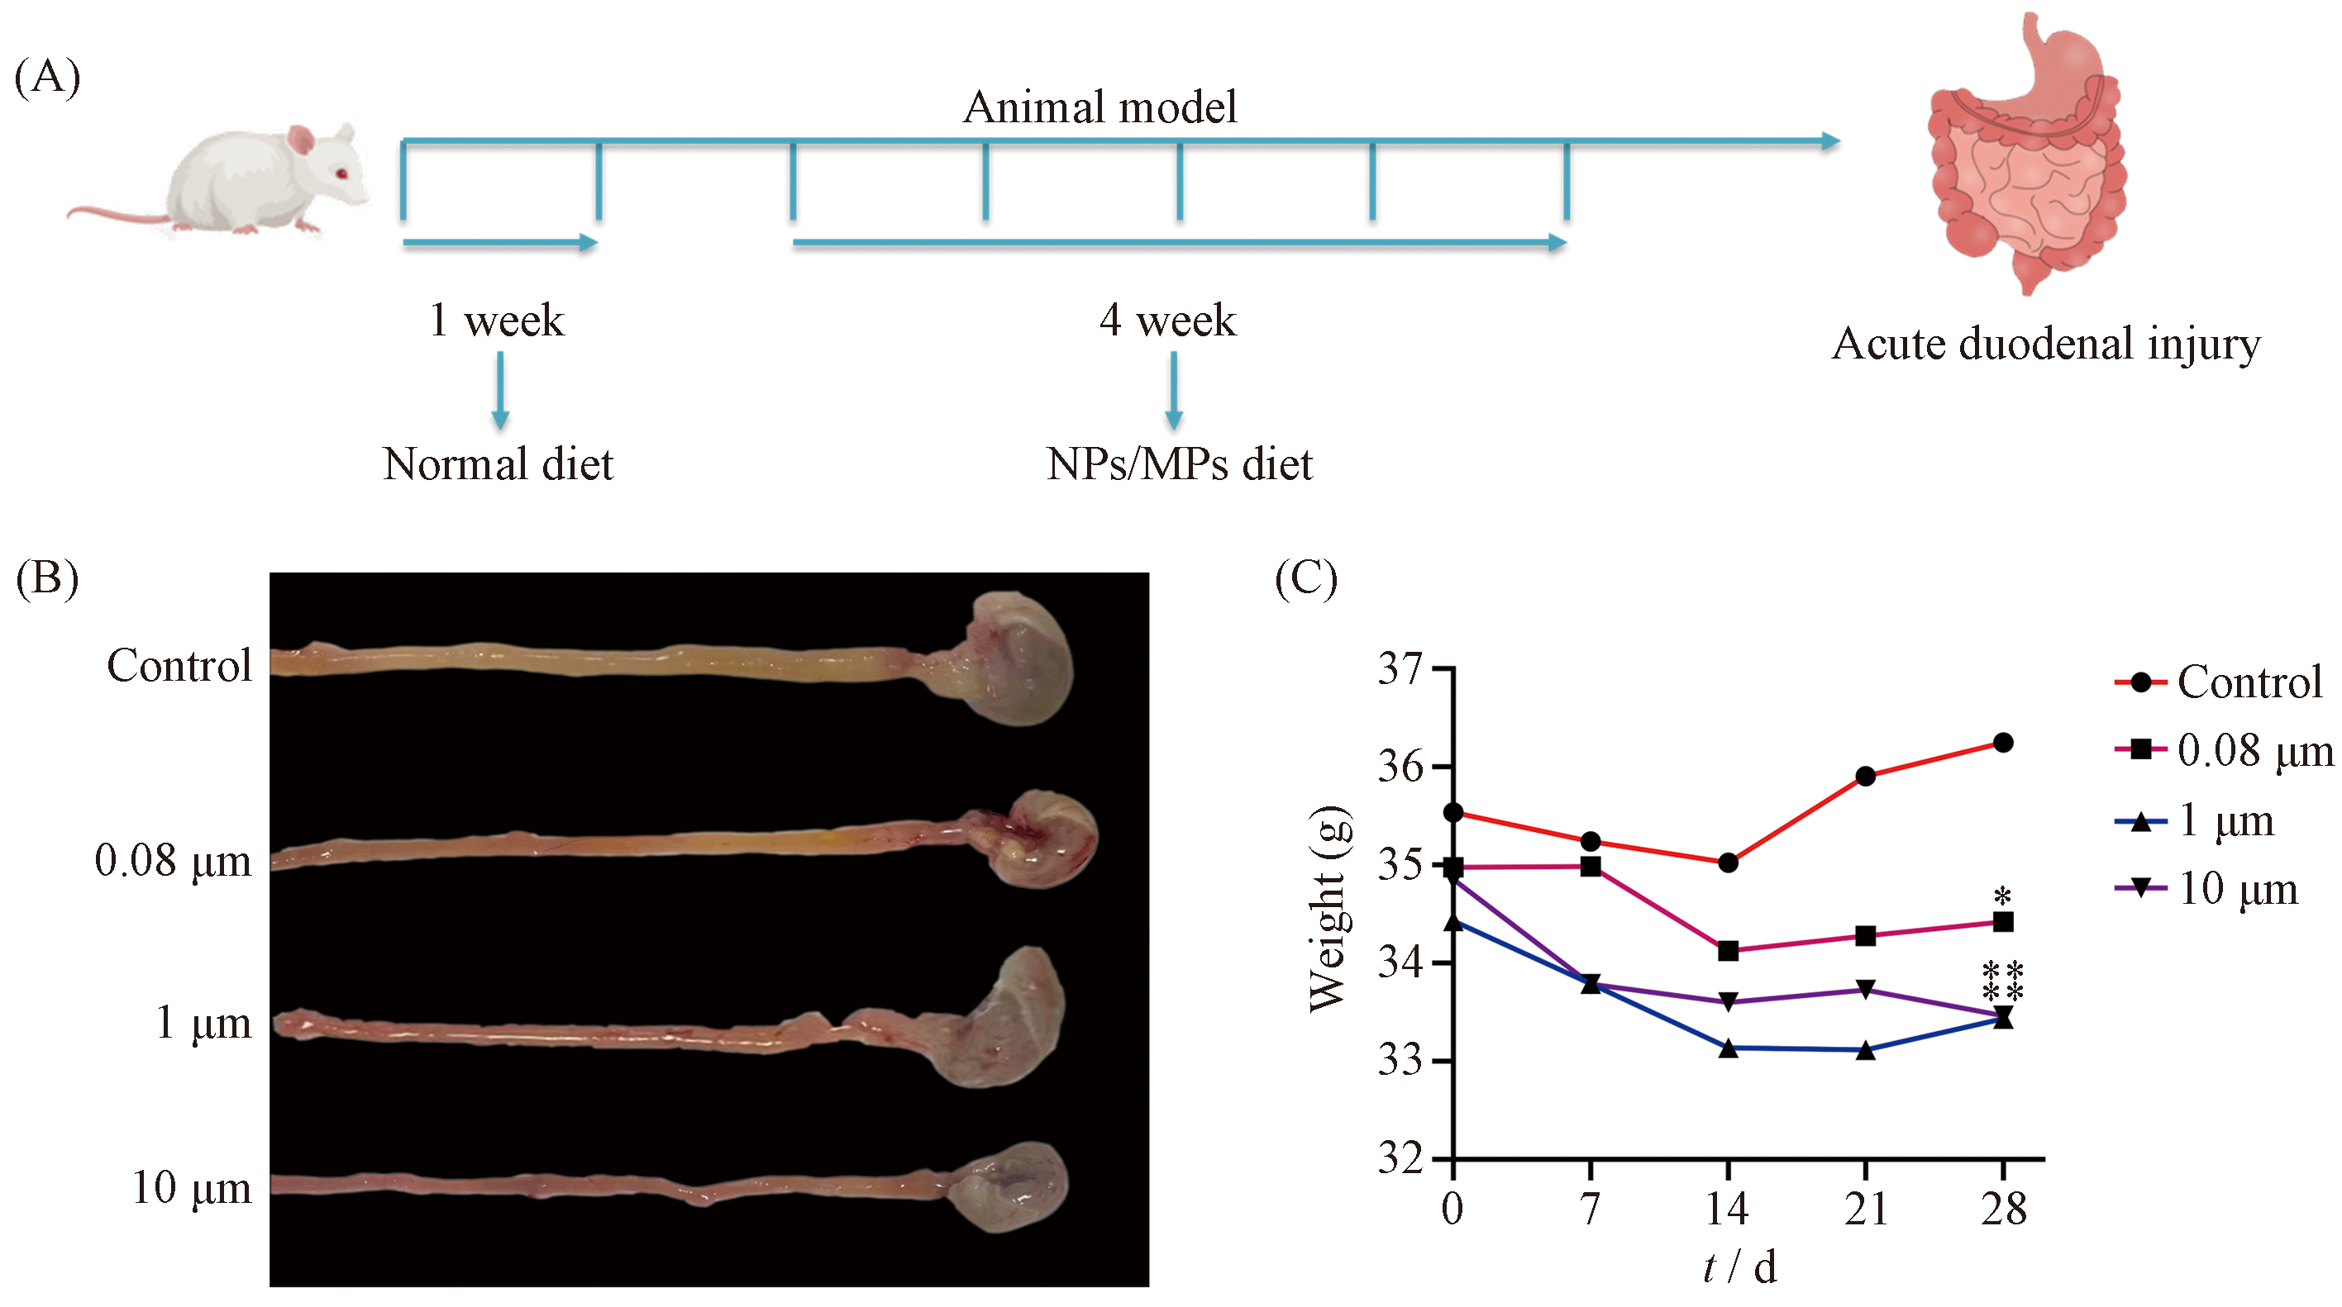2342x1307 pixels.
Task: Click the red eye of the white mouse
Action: point(342,173)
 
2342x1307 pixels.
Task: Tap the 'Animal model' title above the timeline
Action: point(1099,107)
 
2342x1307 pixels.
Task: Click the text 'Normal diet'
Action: point(498,464)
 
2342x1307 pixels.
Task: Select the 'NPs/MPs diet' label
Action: point(1179,464)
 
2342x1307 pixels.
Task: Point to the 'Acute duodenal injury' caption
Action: point(2045,345)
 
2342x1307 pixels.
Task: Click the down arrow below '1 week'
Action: point(500,391)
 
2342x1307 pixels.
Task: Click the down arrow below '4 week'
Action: point(1174,391)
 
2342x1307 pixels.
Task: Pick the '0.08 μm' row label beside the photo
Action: point(173,861)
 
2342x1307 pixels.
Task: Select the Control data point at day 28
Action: point(2002,743)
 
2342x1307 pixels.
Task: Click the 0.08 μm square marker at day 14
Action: point(1729,951)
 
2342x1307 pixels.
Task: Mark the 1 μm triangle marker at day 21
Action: point(1865,1050)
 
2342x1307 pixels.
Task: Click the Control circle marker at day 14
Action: point(1729,863)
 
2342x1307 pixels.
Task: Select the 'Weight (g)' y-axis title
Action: point(1329,909)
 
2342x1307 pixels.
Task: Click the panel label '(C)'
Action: point(1305,579)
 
